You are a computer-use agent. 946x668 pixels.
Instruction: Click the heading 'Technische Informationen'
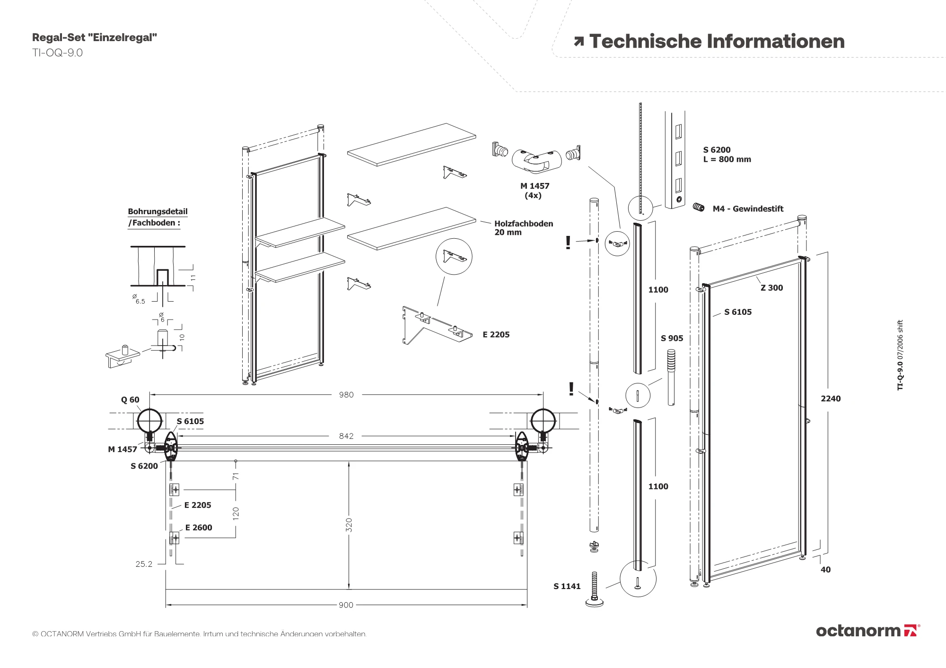(717, 42)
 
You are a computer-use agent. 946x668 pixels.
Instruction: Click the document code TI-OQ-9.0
(57, 53)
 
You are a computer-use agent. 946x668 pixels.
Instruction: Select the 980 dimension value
(346, 395)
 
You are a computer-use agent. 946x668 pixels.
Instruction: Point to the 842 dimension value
(346, 436)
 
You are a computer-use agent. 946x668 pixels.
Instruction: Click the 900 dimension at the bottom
(346, 605)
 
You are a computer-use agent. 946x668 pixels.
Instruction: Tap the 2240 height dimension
(831, 399)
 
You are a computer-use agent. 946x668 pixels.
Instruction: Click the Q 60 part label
(130, 400)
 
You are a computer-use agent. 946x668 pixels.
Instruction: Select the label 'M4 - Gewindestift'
(748, 209)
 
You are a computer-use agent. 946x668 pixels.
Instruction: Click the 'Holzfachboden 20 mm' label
(523, 228)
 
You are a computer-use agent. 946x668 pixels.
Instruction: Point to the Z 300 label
(771, 288)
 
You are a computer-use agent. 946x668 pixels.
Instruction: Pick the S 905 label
(672, 338)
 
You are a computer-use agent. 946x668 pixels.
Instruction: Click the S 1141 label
(567, 587)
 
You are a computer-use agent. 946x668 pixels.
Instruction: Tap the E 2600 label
(199, 528)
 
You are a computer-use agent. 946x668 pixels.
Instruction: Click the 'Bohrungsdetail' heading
(158, 212)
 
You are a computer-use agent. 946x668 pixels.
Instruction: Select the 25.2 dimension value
(144, 564)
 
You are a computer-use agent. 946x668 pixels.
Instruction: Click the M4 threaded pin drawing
(699, 207)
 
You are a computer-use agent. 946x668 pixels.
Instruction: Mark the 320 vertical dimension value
(349, 525)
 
